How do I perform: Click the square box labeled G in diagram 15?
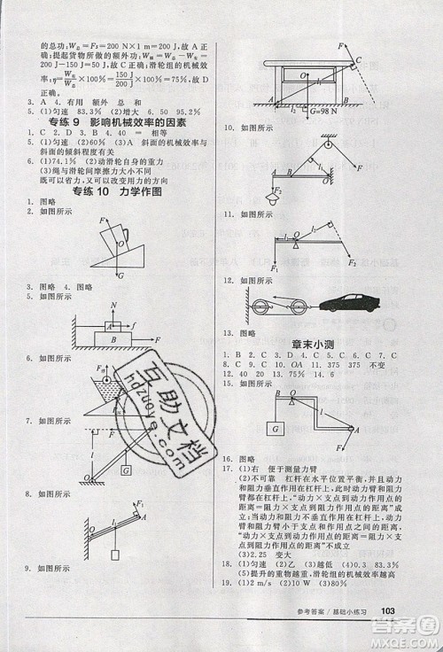coord(279,431)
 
